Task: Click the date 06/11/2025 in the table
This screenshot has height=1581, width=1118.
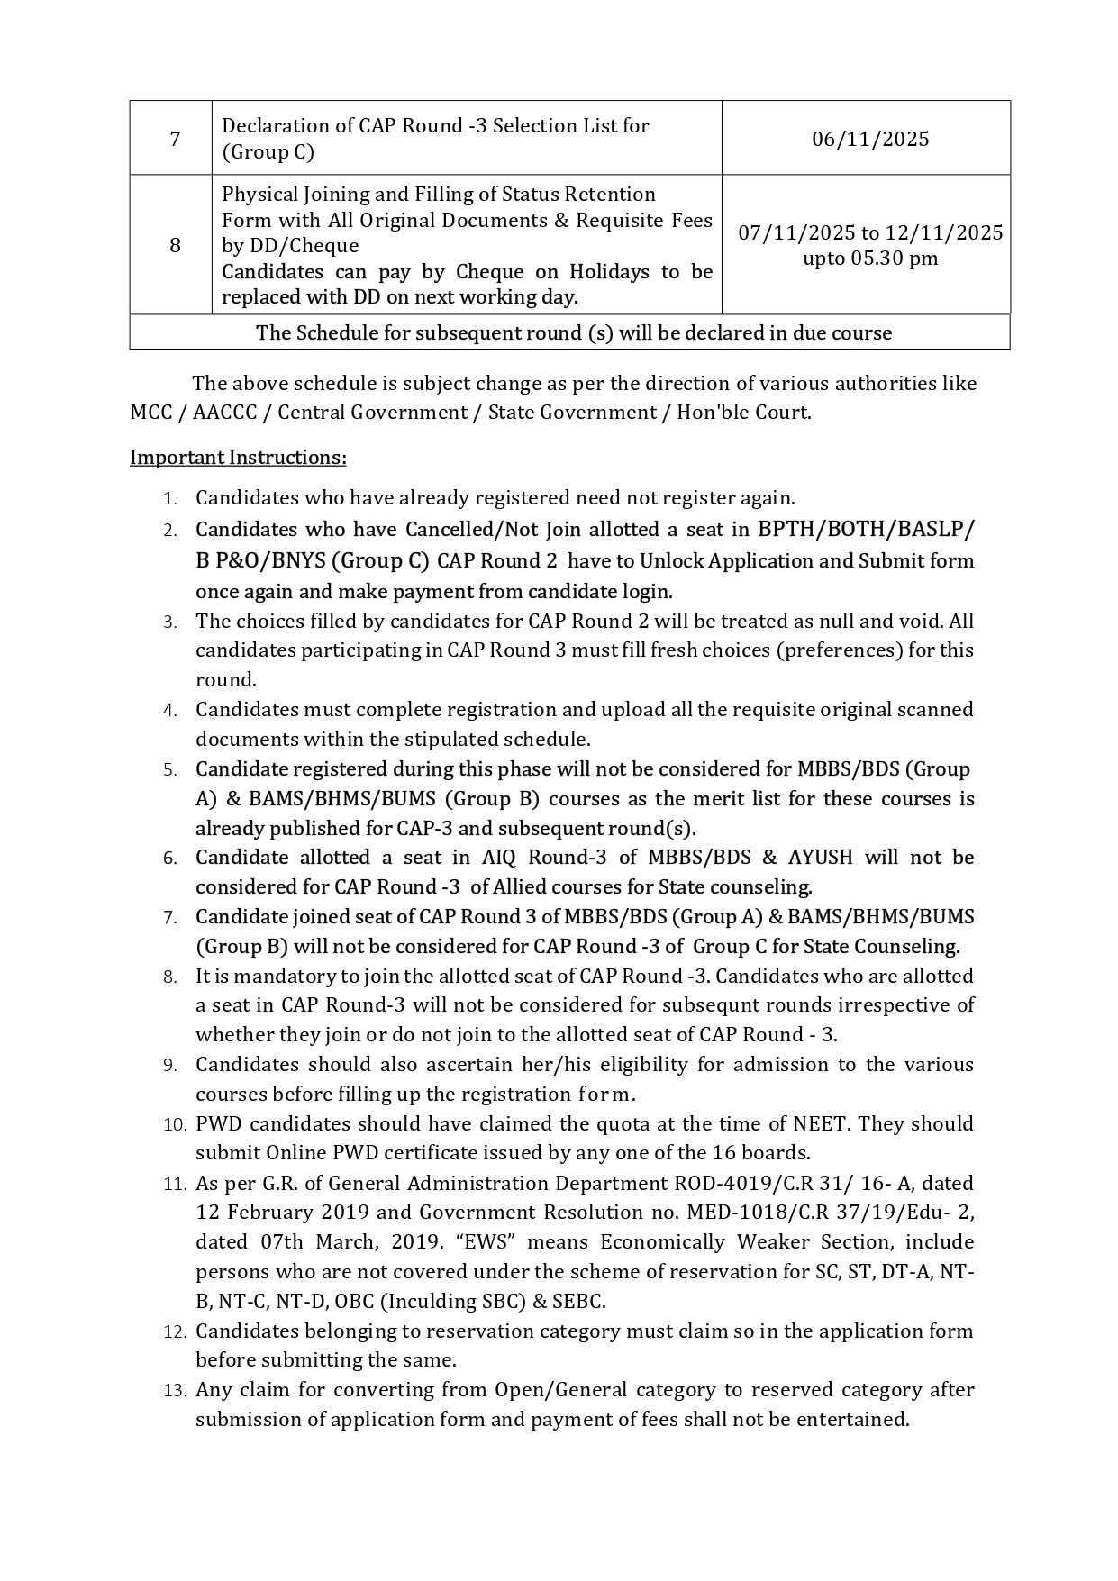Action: tap(869, 139)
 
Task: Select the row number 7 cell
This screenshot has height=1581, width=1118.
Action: tap(174, 139)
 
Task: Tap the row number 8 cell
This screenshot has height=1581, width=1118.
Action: tap(174, 245)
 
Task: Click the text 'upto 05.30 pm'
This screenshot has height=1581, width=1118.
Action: tap(870, 259)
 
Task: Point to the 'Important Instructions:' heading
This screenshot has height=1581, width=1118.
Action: tap(238, 458)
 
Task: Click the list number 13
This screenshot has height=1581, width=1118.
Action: tap(175, 1390)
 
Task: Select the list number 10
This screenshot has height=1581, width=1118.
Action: tap(175, 1124)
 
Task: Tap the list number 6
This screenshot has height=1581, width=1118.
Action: tap(170, 859)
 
